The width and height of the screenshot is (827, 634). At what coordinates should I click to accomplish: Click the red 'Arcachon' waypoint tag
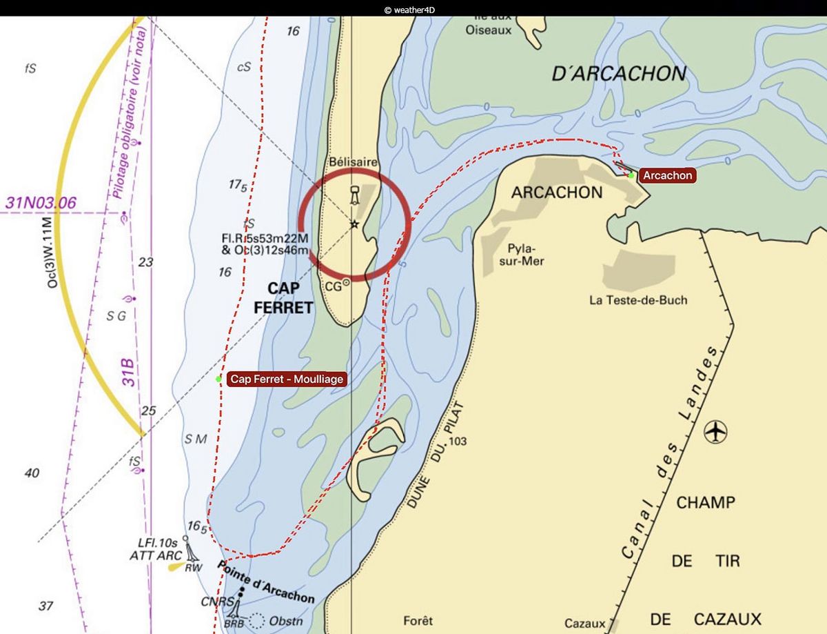[666, 175]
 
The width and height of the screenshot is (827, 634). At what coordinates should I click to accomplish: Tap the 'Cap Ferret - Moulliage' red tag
[287, 379]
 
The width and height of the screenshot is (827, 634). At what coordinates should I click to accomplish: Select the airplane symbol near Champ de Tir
[716, 432]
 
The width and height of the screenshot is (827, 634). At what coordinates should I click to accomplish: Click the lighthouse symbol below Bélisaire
[354, 195]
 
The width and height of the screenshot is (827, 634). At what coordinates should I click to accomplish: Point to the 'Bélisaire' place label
[353, 161]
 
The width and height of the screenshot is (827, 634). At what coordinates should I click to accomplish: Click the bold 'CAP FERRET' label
[283, 298]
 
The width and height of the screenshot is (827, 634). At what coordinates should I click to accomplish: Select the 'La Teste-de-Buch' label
[638, 300]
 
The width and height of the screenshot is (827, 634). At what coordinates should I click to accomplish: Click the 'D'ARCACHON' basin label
[619, 74]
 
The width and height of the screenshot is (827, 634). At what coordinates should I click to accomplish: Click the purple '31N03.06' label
[41, 203]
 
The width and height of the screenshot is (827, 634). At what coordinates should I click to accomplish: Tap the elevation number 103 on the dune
[457, 441]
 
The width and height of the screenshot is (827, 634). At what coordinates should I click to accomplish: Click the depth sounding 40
[32, 473]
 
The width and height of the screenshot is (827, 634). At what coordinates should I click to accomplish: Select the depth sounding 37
[45, 606]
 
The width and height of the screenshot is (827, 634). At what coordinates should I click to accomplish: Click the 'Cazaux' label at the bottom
[584, 623]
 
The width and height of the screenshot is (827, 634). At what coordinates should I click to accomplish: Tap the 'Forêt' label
[418, 621]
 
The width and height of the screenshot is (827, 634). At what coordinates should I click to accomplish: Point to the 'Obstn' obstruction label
[285, 621]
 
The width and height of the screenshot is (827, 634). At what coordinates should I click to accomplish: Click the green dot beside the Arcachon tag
[631, 175]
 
